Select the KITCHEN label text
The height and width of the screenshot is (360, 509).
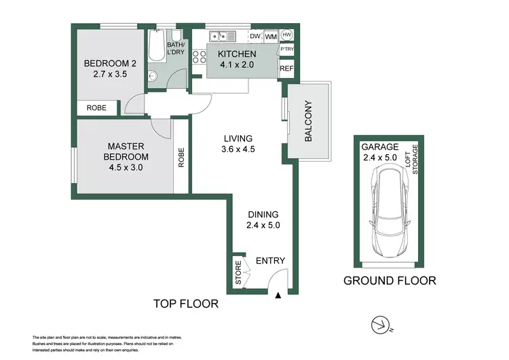tap(237, 54)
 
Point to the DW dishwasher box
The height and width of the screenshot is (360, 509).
tap(255, 37)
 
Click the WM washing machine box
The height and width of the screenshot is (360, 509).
tap(271, 37)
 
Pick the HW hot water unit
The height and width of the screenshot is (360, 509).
tap(286, 35)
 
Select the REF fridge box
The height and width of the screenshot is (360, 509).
tap(286, 69)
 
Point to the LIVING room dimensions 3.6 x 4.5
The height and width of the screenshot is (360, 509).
tap(238, 149)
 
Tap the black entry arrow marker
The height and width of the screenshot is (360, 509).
tap(278, 295)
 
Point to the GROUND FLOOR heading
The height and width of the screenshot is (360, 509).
tap(389, 281)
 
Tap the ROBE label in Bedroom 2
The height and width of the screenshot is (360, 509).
tap(95, 107)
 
